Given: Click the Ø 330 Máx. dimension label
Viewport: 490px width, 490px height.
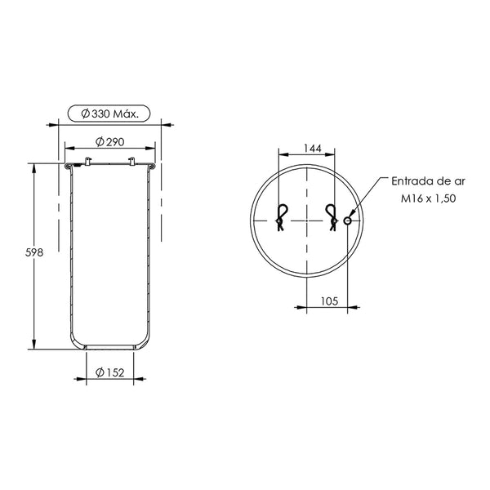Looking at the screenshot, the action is pos(109,114).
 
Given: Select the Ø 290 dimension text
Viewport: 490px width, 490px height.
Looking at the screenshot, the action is pos(109,142).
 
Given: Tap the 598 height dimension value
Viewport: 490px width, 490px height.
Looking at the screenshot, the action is pos(34,252).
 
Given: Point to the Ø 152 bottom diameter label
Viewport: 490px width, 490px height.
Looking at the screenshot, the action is pos(109,372).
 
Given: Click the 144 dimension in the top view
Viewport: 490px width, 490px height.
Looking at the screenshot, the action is pos(313,149).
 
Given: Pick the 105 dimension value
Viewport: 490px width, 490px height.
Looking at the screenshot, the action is pos(329,301).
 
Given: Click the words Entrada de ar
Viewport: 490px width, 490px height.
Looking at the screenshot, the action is pos(428,181).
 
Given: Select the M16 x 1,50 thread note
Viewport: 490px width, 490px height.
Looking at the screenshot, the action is pos(428,198).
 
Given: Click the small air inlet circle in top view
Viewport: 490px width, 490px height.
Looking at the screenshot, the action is pos(348,221).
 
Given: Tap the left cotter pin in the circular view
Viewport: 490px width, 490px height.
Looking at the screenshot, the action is pos(281,216).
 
